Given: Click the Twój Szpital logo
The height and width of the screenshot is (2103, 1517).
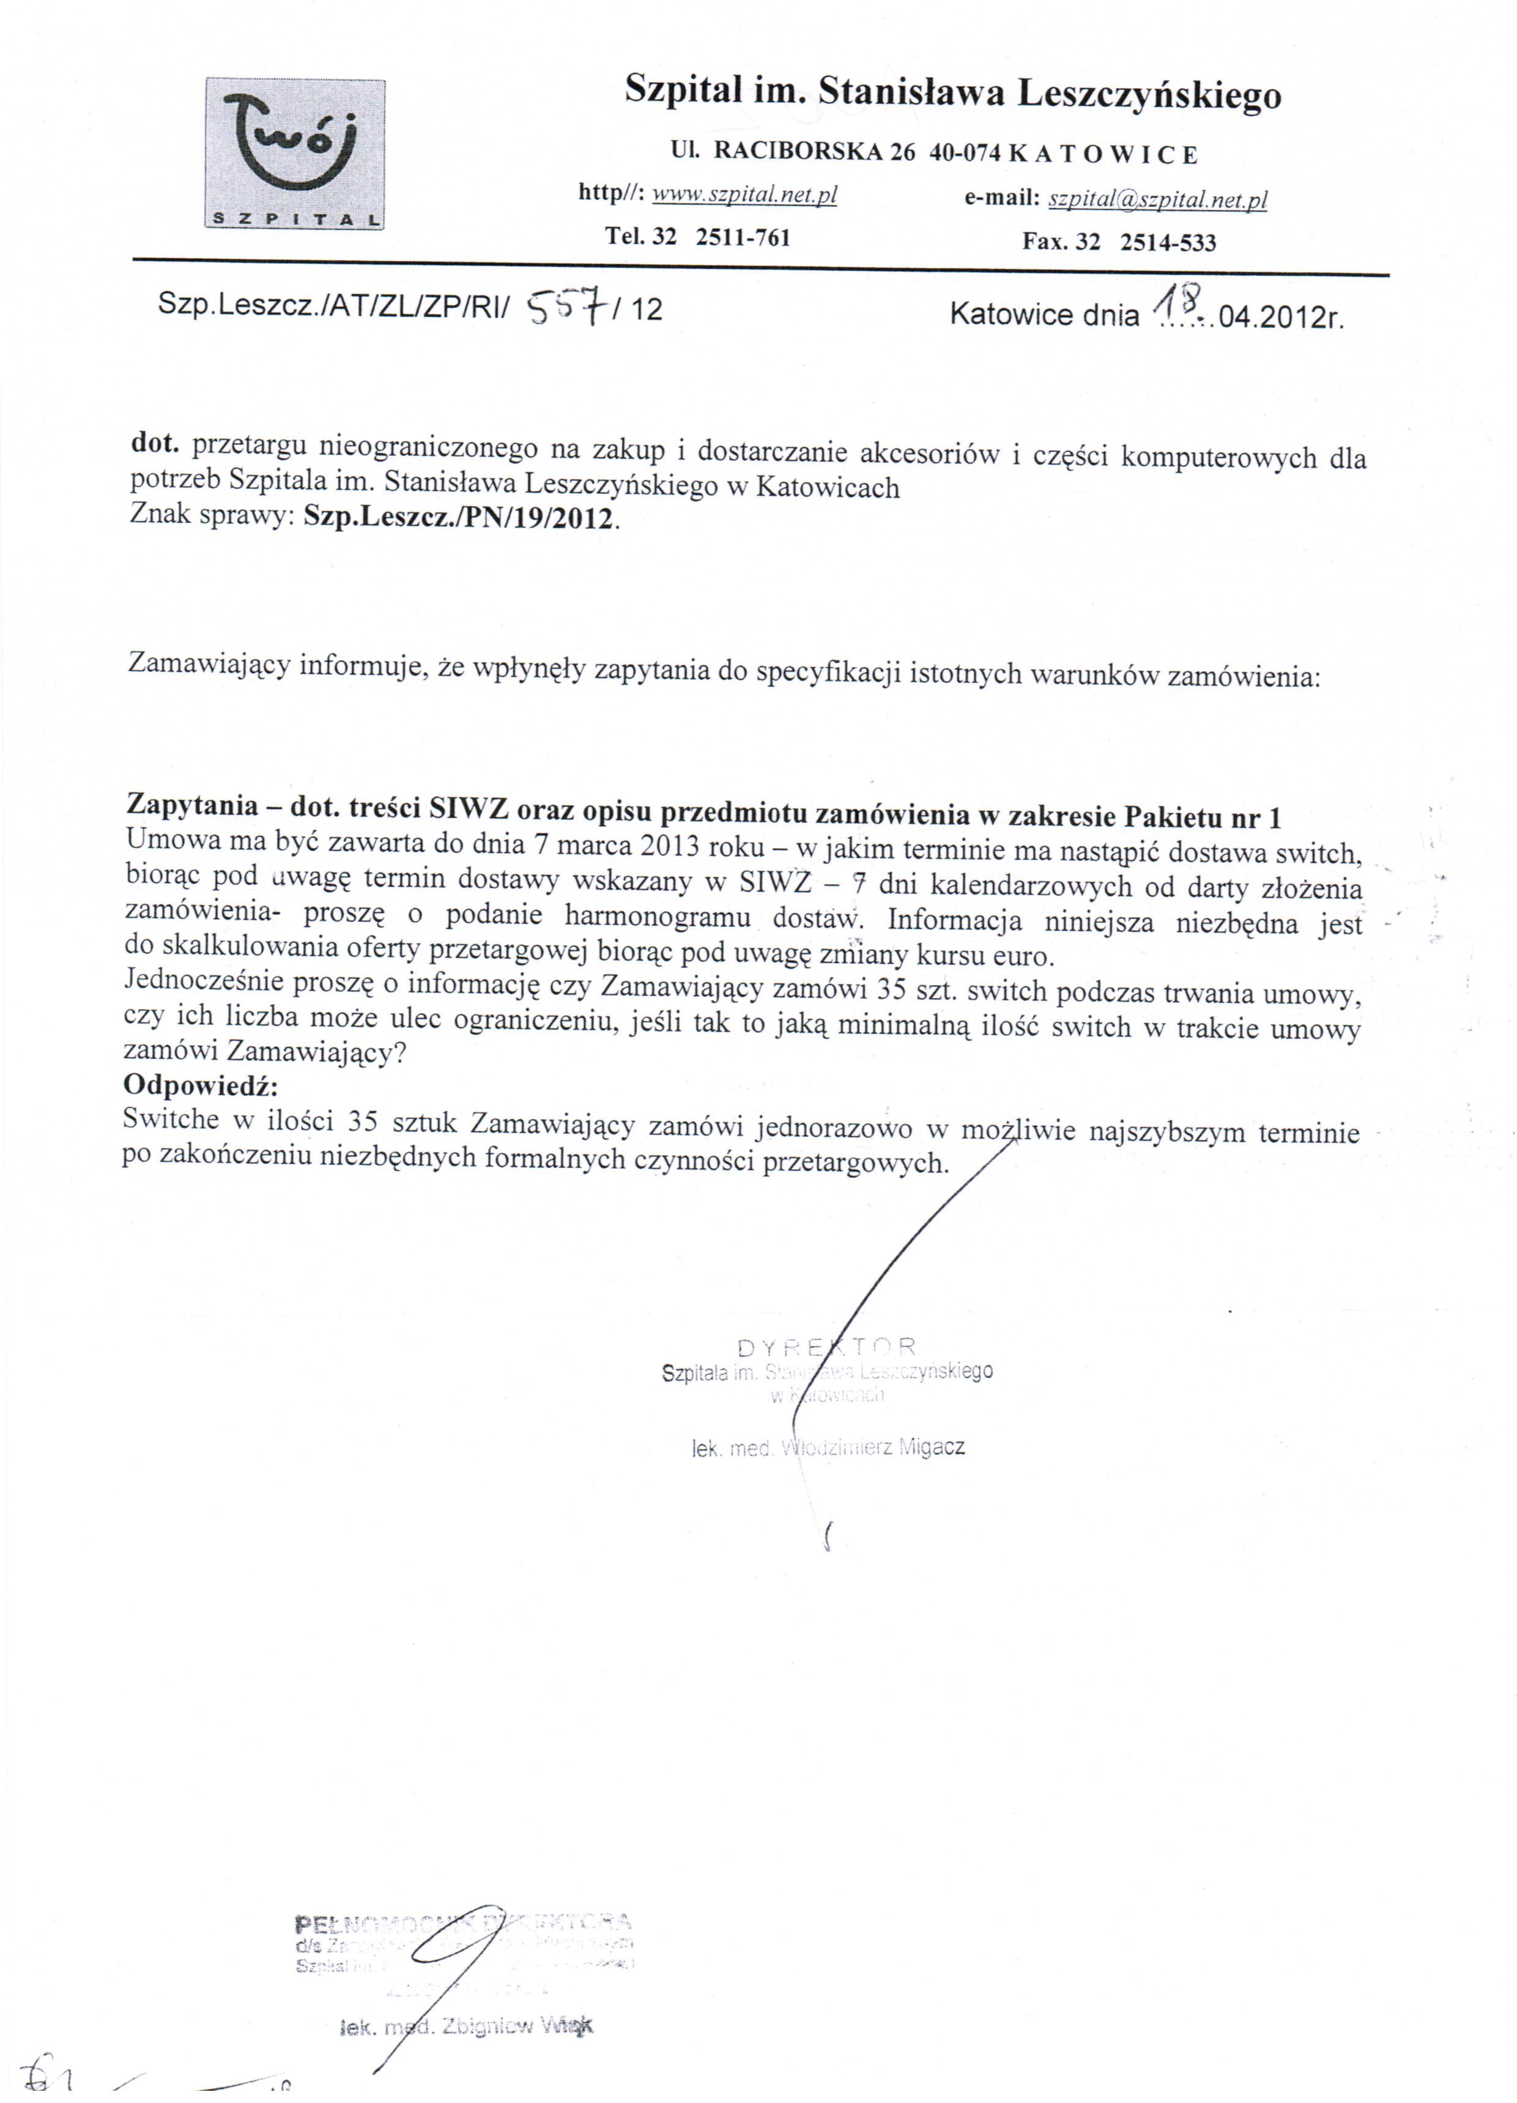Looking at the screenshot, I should tap(294, 155).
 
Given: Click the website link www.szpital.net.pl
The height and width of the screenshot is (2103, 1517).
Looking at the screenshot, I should tap(744, 194).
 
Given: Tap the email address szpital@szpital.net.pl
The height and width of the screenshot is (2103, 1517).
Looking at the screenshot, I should tap(1156, 199).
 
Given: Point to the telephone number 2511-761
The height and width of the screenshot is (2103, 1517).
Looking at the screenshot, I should tap(743, 237).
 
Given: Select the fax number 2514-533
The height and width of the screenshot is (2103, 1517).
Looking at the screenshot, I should tap(1168, 243).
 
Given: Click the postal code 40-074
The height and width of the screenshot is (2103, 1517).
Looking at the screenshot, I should tap(965, 154).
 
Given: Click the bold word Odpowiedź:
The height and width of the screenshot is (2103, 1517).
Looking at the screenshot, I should tap(200, 1085).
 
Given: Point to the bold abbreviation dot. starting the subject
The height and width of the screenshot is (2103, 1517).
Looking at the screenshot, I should tap(154, 444).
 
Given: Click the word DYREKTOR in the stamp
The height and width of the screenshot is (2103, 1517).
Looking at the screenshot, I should tap(827, 1347).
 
